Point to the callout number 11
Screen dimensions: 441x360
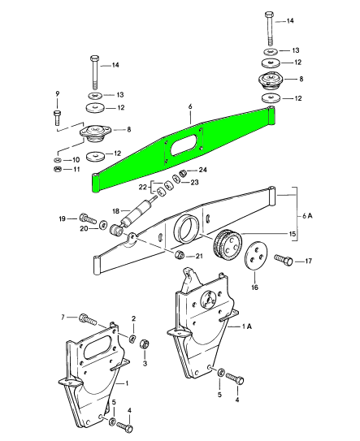pos(78,171)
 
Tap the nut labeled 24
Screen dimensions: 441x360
pos(184,171)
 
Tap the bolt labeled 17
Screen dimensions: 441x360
pos(284,261)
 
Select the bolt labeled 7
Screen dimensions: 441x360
pos(87,318)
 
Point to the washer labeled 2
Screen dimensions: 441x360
pos(132,337)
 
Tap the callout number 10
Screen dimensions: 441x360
pos(78,160)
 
